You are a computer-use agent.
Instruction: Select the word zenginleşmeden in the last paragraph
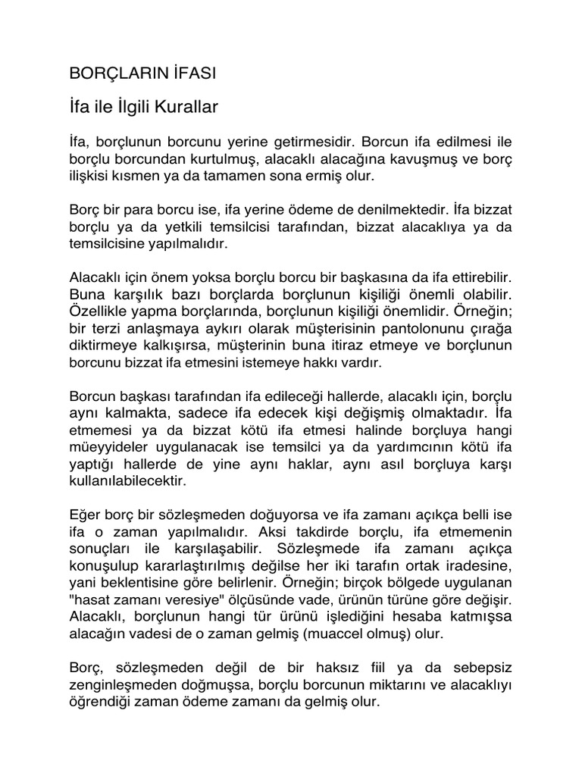pos(120,684)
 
